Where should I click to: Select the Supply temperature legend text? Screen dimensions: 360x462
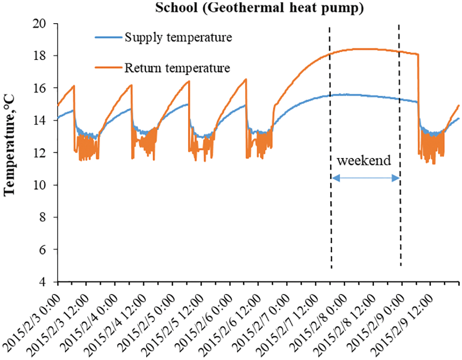pos(178,38)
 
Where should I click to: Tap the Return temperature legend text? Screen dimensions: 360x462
pos(177,68)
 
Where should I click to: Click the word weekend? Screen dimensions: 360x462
pos(364,161)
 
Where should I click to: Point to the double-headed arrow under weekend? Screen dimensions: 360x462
pos(366,178)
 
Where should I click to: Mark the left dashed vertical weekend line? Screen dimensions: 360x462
pos(331,149)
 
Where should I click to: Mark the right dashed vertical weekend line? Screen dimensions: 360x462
pos(400,149)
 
